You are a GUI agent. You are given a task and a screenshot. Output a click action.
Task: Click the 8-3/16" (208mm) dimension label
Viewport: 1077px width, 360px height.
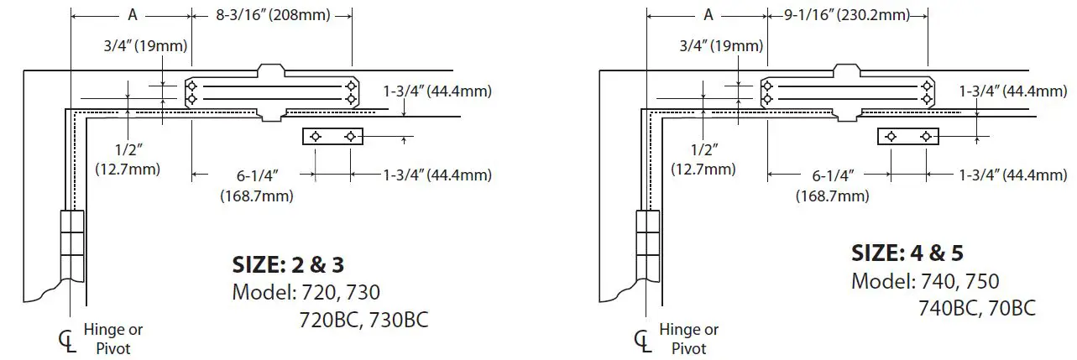[273, 15]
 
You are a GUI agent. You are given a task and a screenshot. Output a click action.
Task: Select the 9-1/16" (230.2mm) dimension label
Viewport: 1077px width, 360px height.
[846, 15]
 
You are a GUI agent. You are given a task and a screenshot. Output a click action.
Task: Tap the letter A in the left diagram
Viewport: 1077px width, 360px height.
[133, 15]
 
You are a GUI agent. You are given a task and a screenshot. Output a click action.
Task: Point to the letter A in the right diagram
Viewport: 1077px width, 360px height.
[708, 15]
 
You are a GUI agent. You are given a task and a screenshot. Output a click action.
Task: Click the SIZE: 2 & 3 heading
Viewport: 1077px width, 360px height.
[288, 265]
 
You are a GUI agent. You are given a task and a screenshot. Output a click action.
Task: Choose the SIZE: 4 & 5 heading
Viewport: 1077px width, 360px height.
[907, 253]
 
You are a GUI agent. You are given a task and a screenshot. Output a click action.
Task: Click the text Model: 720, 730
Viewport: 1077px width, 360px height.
[306, 292]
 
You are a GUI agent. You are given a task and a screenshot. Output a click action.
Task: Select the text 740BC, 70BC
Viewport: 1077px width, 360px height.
[976, 308]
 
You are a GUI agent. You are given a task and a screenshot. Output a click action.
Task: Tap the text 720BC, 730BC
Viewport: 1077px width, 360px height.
[363, 320]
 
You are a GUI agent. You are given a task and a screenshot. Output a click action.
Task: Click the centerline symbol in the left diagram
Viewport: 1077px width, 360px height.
[67, 342]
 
